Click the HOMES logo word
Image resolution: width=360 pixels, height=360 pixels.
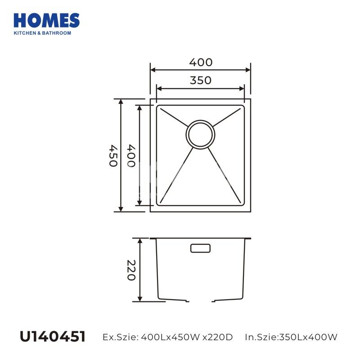pyautogui.click(x=47, y=21)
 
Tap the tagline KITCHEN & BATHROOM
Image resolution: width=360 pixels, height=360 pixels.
pyautogui.click(x=42, y=33)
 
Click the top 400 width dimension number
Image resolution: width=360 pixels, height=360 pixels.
pyautogui.click(x=201, y=62)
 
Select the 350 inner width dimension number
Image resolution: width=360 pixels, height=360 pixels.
pyautogui.click(x=200, y=81)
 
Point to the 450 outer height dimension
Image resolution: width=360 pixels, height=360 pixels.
pyautogui.click(x=113, y=155)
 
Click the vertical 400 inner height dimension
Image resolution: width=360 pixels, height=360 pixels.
pyautogui.click(x=131, y=155)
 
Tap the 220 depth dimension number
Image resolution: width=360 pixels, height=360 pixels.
pyautogui.click(x=131, y=270)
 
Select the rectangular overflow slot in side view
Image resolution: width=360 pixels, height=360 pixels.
pyautogui.click(x=200, y=248)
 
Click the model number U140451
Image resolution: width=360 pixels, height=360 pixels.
pyautogui.click(x=53, y=337)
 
